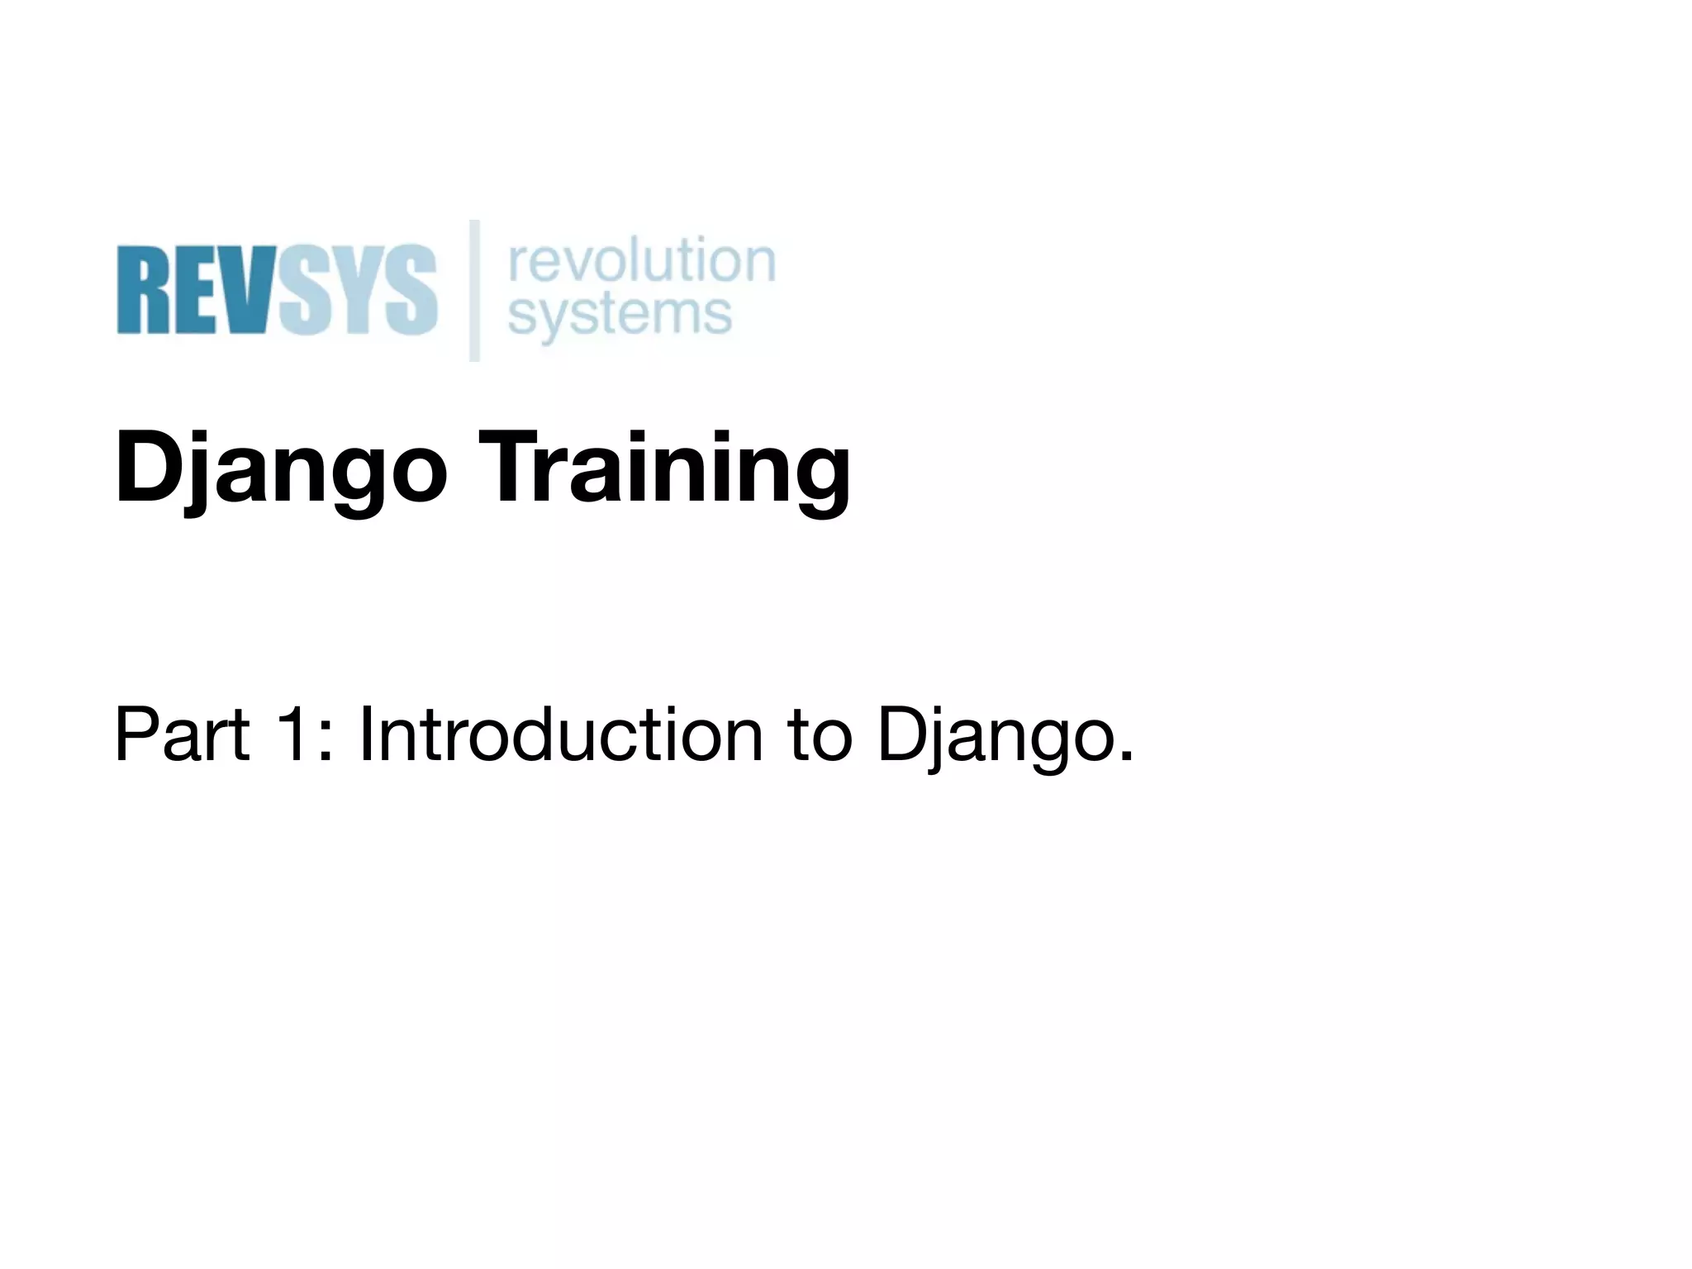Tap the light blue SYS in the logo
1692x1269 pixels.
click(357, 289)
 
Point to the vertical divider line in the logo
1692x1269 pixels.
click(475, 290)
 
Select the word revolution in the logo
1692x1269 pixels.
click(642, 260)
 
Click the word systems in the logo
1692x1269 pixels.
click(620, 316)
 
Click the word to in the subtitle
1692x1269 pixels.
click(820, 734)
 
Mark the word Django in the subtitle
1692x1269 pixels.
click(991, 734)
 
